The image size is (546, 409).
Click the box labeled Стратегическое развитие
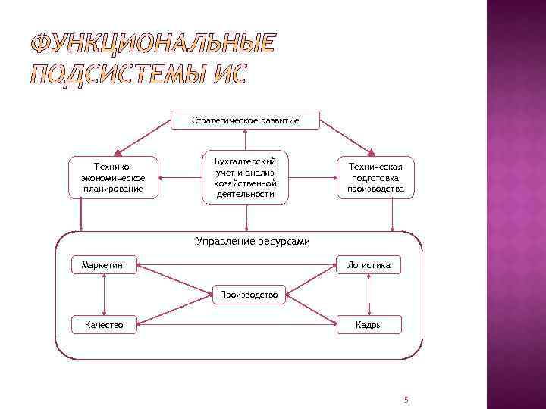click(x=245, y=120)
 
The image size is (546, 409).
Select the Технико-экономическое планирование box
click(x=114, y=176)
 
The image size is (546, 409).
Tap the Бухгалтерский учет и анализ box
click(x=245, y=177)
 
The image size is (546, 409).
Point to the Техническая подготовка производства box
click(x=375, y=177)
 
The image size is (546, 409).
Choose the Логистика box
click(x=369, y=265)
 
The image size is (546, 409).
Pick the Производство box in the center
click(x=249, y=294)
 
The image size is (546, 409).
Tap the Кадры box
click(x=369, y=325)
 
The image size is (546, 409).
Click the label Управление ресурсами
click(x=243, y=241)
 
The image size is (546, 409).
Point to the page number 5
click(x=406, y=399)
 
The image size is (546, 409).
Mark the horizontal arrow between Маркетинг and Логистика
click(x=236, y=266)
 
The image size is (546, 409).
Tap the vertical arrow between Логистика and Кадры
click(x=369, y=295)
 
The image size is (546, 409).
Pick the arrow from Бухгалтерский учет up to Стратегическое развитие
click(x=245, y=140)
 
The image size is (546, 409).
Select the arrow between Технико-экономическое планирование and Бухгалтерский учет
click(x=180, y=178)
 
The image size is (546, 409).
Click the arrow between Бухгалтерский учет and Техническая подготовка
click(x=313, y=178)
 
